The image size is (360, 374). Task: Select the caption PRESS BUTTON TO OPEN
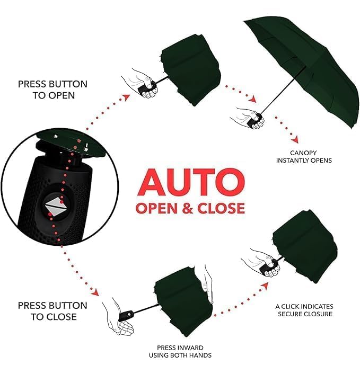(x=52, y=90)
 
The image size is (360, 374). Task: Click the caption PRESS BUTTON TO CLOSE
(x=52, y=311)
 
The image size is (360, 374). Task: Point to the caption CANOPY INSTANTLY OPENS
(x=304, y=156)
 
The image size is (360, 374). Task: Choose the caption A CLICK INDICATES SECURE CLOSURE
(x=304, y=310)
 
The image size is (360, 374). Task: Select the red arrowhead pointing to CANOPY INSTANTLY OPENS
(x=294, y=140)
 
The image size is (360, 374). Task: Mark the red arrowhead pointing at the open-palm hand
(x=95, y=292)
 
